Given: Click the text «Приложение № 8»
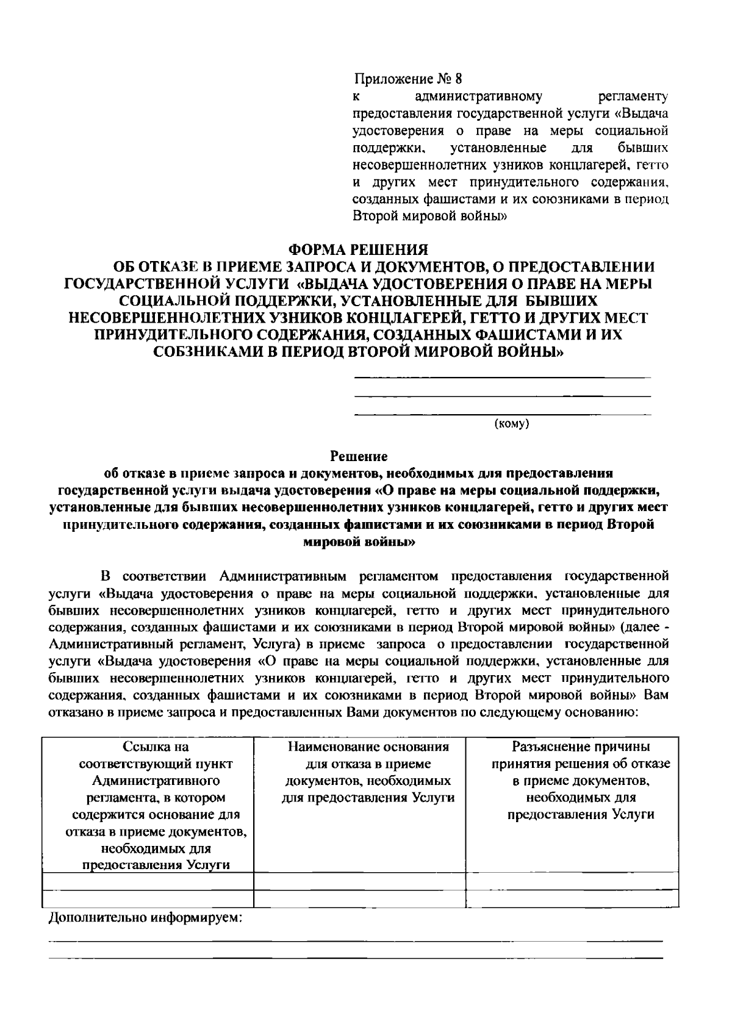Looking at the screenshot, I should pos(408,79).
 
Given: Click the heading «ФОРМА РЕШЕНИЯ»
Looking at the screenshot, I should pos(357,249).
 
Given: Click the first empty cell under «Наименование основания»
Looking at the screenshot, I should pos(359,881).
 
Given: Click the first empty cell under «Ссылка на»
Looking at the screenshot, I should pos(148,881).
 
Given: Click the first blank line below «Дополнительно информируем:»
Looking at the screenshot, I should pos(356,941).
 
